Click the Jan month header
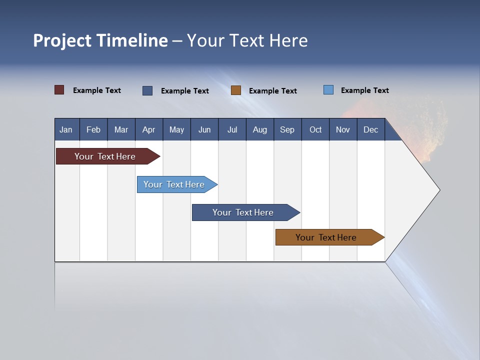click(x=66, y=129)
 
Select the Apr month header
click(x=148, y=129)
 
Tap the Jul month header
click(x=232, y=129)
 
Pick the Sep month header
click(x=287, y=129)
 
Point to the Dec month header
click(x=370, y=129)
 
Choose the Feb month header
click(x=93, y=129)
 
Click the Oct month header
click(x=315, y=129)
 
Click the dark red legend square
click(x=59, y=90)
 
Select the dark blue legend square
click(x=147, y=90)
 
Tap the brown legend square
click(x=236, y=90)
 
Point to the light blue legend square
click(x=328, y=90)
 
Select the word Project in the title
click(x=62, y=40)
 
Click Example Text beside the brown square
click(x=273, y=90)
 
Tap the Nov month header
click(x=343, y=129)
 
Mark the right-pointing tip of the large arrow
click(x=438, y=189)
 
